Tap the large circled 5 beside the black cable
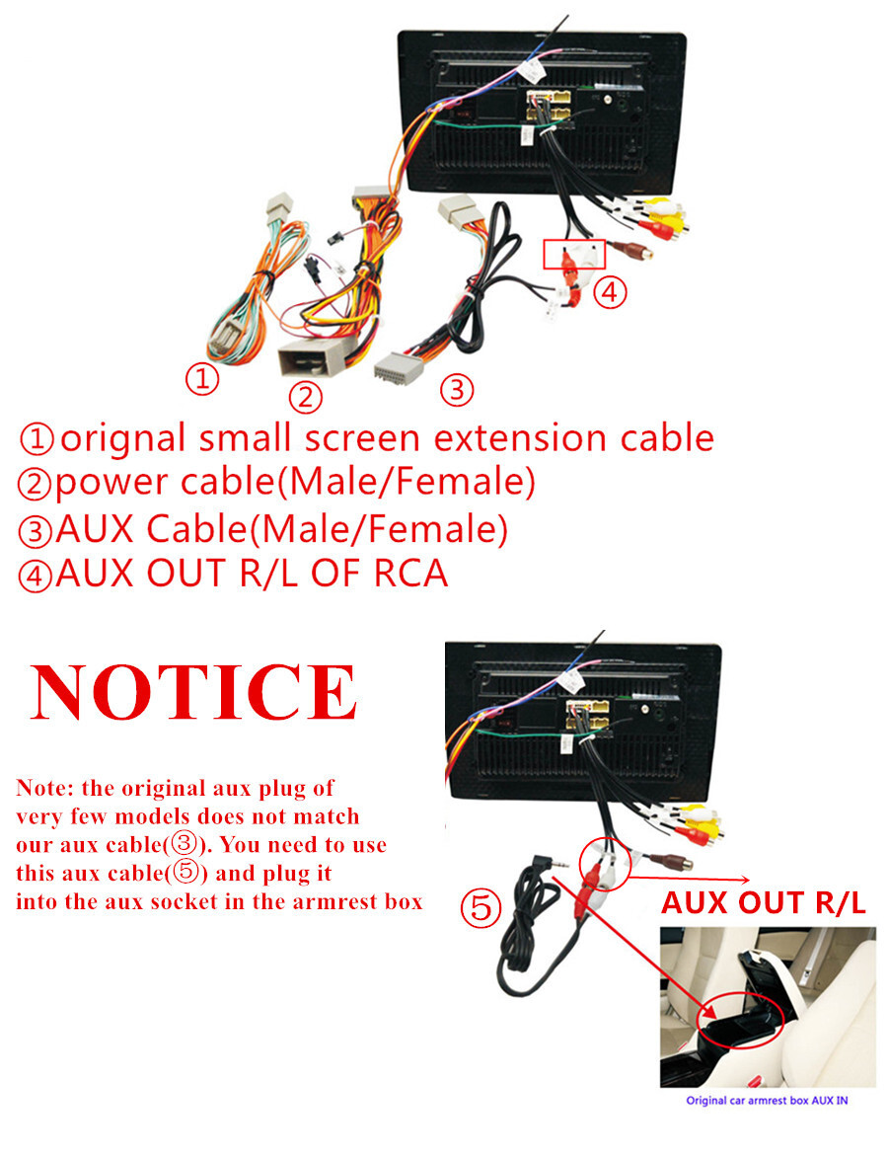481,906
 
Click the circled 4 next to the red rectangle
610,292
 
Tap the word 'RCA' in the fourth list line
411,574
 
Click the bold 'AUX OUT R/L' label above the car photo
764,902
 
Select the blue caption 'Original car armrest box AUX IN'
767,1101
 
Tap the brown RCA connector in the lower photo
669,861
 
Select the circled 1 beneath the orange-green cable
201,379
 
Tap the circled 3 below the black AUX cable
457,390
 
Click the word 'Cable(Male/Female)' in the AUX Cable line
327,529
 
